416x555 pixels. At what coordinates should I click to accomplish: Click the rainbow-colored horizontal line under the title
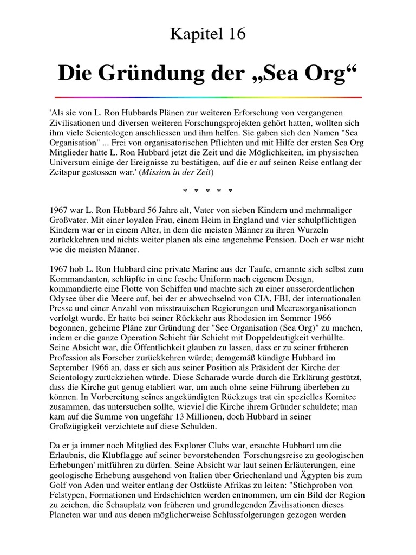click(x=208, y=98)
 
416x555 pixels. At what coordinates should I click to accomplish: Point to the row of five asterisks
click(x=208, y=191)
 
